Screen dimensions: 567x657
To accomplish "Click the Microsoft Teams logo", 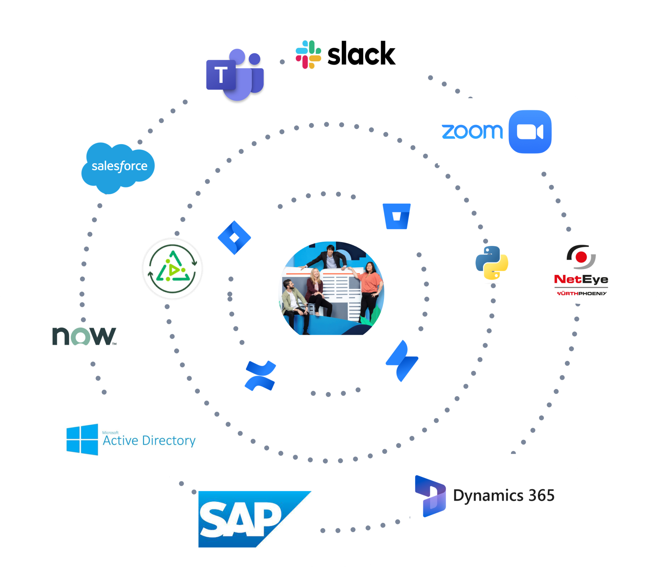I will pos(235,75).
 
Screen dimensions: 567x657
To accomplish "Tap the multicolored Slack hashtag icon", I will pos(308,55).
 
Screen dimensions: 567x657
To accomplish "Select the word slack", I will pos(361,54).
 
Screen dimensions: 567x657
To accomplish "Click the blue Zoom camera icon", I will pos(530,132).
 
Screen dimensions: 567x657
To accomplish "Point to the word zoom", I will pos(472,132).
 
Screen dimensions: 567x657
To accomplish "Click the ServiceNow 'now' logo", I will pos(84,336).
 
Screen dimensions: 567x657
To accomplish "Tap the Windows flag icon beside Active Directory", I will pos(82,440).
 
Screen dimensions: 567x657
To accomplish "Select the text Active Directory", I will pos(149,441).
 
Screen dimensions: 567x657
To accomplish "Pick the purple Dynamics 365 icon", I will pos(430,496).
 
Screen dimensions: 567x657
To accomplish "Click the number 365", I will pos(542,495).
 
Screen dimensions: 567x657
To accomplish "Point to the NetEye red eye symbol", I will pos(581,257).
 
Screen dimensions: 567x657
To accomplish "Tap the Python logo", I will pos(492,263).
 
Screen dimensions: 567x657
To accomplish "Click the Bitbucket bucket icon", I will pos(397,216).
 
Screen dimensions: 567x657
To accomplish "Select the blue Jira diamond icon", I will pos(235,238).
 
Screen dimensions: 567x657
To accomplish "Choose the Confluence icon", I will pos(260,376).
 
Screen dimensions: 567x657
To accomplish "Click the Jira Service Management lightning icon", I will pos(402,361).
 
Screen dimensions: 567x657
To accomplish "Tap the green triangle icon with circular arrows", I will pos(173,268).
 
